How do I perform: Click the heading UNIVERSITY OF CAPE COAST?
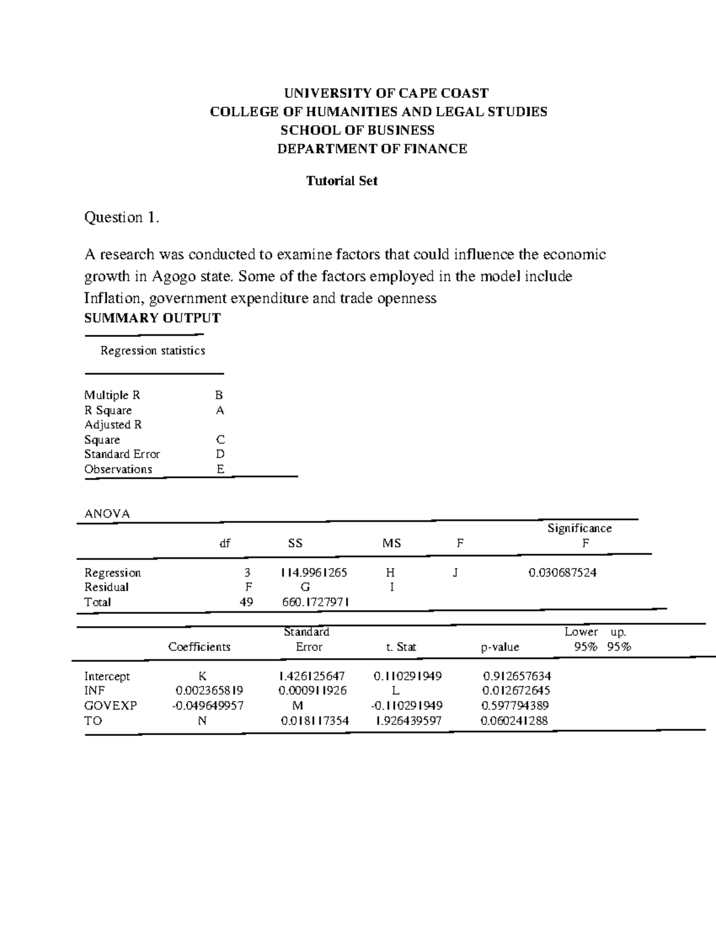tap(385, 93)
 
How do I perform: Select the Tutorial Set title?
tap(341, 181)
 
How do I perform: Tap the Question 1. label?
tap(122, 218)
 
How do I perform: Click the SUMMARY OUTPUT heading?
tap(152, 318)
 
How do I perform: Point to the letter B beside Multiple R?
tap(219, 395)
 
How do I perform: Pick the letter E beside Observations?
tap(220, 469)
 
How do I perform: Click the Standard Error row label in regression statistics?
tap(122, 454)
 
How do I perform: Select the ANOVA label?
tap(107, 513)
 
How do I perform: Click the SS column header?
tap(295, 543)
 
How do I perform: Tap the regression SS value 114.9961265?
tap(314, 572)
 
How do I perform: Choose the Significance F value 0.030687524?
tap(562, 572)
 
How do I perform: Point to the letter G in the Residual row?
tap(305, 587)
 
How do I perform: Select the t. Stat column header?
tap(401, 647)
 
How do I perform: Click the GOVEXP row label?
tap(110, 705)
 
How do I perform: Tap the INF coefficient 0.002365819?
tap(209, 690)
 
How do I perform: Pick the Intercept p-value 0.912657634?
tap(516, 676)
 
